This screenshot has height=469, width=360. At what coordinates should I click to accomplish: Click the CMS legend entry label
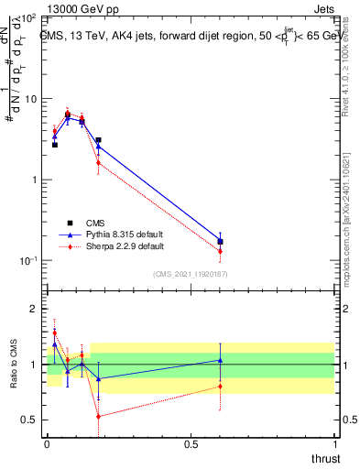96,223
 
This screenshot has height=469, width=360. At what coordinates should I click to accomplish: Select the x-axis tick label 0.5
191,444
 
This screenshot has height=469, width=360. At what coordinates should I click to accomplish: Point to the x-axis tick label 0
47,444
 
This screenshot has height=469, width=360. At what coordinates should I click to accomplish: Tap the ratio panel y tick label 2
34,309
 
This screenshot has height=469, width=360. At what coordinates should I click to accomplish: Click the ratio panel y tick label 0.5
29,420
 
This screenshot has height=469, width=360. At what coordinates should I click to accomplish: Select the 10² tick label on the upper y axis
31,18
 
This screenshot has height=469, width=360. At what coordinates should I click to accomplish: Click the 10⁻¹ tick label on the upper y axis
30,261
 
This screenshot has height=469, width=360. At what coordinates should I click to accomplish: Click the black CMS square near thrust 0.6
220,242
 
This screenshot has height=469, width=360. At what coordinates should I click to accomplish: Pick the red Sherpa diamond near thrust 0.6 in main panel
220,251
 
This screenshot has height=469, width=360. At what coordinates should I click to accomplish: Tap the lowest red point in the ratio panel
98,416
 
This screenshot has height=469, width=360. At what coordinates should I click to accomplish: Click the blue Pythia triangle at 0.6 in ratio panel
220,360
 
